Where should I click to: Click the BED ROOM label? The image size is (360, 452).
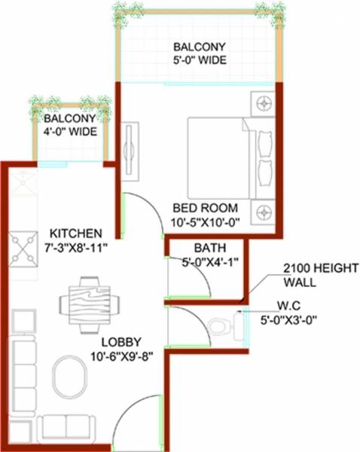coord(205,208)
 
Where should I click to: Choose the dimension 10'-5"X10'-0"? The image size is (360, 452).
coord(205,222)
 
